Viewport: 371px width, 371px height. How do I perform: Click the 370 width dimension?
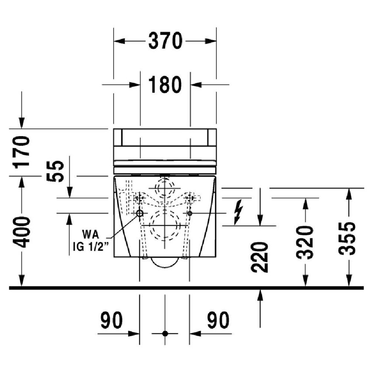pos(165,41)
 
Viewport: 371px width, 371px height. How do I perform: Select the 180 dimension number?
pos(165,85)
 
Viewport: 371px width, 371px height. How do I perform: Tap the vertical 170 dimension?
pos(22,152)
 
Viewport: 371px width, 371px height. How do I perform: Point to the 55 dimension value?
pos(55,171)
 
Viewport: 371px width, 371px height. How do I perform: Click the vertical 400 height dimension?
pos(22,232)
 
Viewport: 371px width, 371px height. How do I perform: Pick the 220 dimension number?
pos(260,257)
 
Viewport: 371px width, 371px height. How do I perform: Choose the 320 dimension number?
pos(305,243)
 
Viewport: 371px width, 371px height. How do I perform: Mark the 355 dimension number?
pos(347,238)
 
